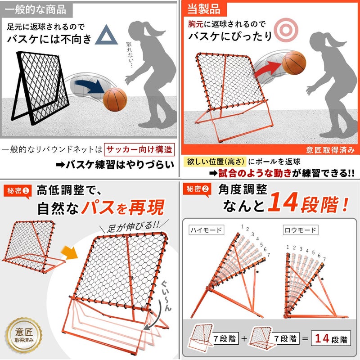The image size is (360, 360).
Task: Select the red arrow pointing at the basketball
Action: click(x=268, y=68)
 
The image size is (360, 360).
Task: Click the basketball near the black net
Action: click(x=115, y=99)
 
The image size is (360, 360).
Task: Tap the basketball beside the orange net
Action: click(x=294, y=63)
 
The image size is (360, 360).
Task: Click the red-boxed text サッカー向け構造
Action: click(x=139, y=150)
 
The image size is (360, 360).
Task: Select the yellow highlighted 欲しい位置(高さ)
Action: click(x=215, y=162)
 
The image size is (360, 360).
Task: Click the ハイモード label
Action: click(x=206, y=230)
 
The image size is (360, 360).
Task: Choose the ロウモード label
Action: click(x=301, y=230)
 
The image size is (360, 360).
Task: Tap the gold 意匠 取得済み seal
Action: click(x=24, y=335)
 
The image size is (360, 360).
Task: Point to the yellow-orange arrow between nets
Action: click(x=69, y=253)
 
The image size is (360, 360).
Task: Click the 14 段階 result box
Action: click(x=331, y=338)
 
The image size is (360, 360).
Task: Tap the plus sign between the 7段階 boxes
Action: click(x=244, y=338)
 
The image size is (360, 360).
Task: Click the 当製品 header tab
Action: click(x=204, y=9)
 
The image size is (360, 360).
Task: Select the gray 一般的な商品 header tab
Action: click(x=36, y=9)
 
